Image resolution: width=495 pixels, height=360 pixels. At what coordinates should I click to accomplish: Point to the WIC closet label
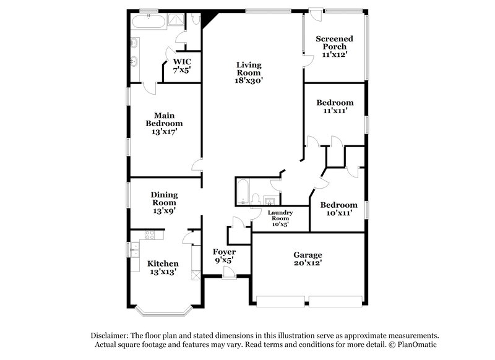click(x=182, y=61)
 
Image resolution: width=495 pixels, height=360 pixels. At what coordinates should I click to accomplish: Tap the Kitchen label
click(x=163, y=264)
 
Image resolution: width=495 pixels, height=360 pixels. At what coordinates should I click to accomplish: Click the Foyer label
click(x=223, y=252)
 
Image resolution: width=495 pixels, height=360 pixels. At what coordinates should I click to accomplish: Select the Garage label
click(x=308, y=255)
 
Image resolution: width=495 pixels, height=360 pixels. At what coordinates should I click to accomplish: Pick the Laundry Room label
click(x=280, y=215)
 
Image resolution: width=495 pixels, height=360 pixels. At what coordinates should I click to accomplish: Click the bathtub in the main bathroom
click(x=149, y=21)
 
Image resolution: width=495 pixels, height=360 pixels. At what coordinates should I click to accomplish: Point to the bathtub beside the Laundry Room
click(x=243, y=191)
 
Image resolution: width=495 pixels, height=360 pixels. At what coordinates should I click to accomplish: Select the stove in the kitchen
click(x=148, y=234)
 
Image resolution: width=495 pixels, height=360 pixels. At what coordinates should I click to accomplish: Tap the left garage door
click(x=280, y=301)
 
